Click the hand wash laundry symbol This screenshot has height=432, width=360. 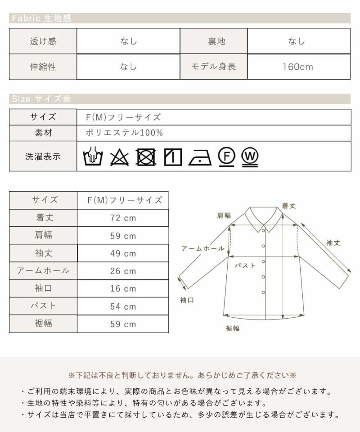[x=93, y=156]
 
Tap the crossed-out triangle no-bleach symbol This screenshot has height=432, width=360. [x=119, y=157]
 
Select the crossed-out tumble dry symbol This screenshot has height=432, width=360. [x=146, y=157]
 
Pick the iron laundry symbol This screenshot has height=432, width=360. [x=200, y=157]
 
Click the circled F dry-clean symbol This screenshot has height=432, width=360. [x=226, y=157]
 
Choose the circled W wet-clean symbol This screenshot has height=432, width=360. [x=250, y=157]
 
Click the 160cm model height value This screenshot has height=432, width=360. [x=298, y=67]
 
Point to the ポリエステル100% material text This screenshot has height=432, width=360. [x=124, y=133]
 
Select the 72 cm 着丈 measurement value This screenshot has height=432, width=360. [x=123, y=218]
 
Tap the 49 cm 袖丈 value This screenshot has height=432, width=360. [x=123, y=253]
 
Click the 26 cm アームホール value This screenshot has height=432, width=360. [x=123, y=271]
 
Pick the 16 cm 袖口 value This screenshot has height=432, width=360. [x=123, y=288]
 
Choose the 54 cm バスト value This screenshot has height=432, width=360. [x=123, y=306]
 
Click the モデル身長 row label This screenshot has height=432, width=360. [x=213, y=67]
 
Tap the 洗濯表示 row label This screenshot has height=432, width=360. [x=43, y=156]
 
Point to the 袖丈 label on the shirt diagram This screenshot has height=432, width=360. [x=333, y=243]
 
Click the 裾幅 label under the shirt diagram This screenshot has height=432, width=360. [x=233, y=328]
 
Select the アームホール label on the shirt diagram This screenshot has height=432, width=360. [x=202, y=248]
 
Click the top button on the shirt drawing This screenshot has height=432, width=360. [x=263, y=230]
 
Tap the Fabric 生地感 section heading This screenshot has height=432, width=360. [x=41, y=18]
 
